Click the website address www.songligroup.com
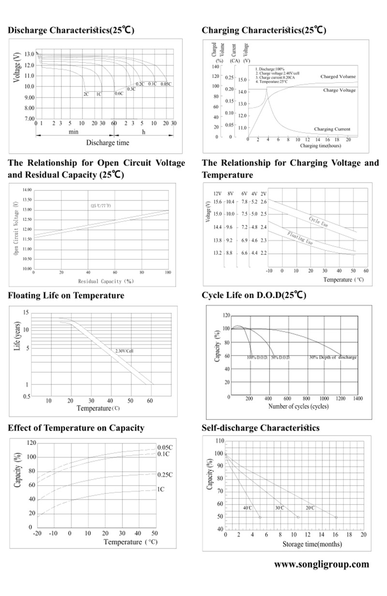pos(321,565)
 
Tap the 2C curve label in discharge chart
pos(87,94)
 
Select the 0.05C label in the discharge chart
pos(166,84)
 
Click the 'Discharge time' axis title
pos(107,142)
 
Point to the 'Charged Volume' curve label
pos(338,77)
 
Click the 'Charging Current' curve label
pos(331,129)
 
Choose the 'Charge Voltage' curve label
pos(339,90)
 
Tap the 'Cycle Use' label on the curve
pos(319,221)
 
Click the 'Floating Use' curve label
pos(300,238)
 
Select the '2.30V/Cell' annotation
pos(124,350)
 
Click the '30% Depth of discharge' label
pos(333,357)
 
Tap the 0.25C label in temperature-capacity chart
pos(165,475)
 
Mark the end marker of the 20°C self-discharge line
pos(336,518)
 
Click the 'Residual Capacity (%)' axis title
pos(105,281)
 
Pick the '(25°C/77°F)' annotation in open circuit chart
pos(101,206)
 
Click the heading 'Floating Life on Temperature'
pos(66,295)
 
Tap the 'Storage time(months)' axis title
pos(312,544)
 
